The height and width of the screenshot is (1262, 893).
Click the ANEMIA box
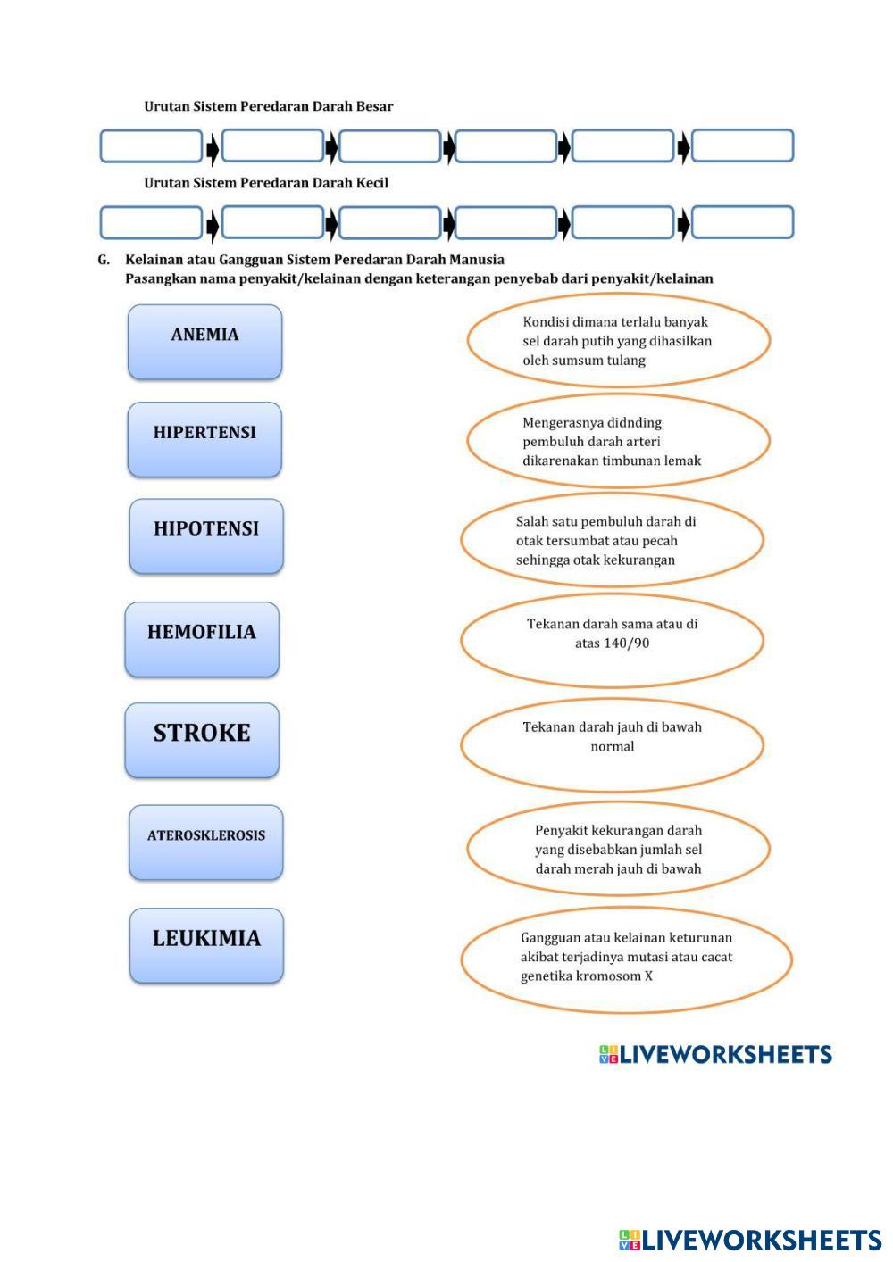click(x=204, y=342)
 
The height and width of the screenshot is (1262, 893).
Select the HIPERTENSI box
click(x=204, y=439)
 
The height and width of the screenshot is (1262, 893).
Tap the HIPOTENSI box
click(x=206, y=536)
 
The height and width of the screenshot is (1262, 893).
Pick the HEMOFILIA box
click(x=202, y=639)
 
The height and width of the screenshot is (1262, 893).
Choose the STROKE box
click(x=202, y=740)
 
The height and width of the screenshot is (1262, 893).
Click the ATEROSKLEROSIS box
click(x=206, y=843)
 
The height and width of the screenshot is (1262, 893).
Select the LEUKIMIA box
click(x=206, y=945)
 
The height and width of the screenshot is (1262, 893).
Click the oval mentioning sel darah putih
click(x=618, y=340)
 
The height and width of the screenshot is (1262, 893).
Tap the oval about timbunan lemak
click(x=618, y=441)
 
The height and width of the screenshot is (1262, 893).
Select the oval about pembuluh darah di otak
click(x=613, y=540)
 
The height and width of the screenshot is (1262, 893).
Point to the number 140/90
click(x=613, y=643)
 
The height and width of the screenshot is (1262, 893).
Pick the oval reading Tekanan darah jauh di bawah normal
click(x=613, y=744)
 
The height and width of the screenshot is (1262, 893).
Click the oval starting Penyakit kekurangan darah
click(x=618, y=849)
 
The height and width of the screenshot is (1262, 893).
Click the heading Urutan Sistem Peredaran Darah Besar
click(x=269, y=106)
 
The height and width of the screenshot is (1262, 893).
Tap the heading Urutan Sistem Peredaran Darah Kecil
click(x=266, y=183)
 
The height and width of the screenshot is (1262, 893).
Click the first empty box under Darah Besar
click(x=151, y=146)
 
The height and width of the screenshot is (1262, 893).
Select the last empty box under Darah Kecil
click(x=742, y=222)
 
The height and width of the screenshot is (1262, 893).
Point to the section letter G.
click(x=104, y=260)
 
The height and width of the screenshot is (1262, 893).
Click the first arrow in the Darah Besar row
click(x=213, y=149)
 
